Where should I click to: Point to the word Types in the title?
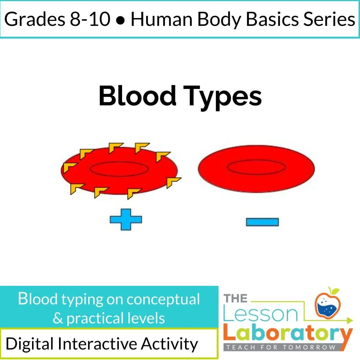pos(226,96)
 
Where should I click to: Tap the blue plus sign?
pos(126,219)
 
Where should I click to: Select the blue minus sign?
pos(262,222)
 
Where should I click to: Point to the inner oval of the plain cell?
pos(256,166)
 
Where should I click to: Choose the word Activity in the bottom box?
pos(169,344)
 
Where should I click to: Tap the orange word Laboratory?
pos(287,334)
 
